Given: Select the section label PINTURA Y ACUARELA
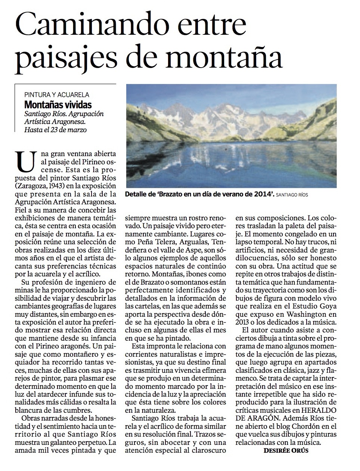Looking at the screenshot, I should click(x=57, y=95).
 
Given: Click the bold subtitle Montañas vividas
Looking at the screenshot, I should click(x=58, y=105).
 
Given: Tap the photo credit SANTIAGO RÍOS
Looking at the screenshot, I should click(x=293, y=194).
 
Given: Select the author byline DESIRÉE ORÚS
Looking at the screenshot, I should click(x=286, y=450).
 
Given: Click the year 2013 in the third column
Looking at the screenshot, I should click(x=243, y=322).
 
